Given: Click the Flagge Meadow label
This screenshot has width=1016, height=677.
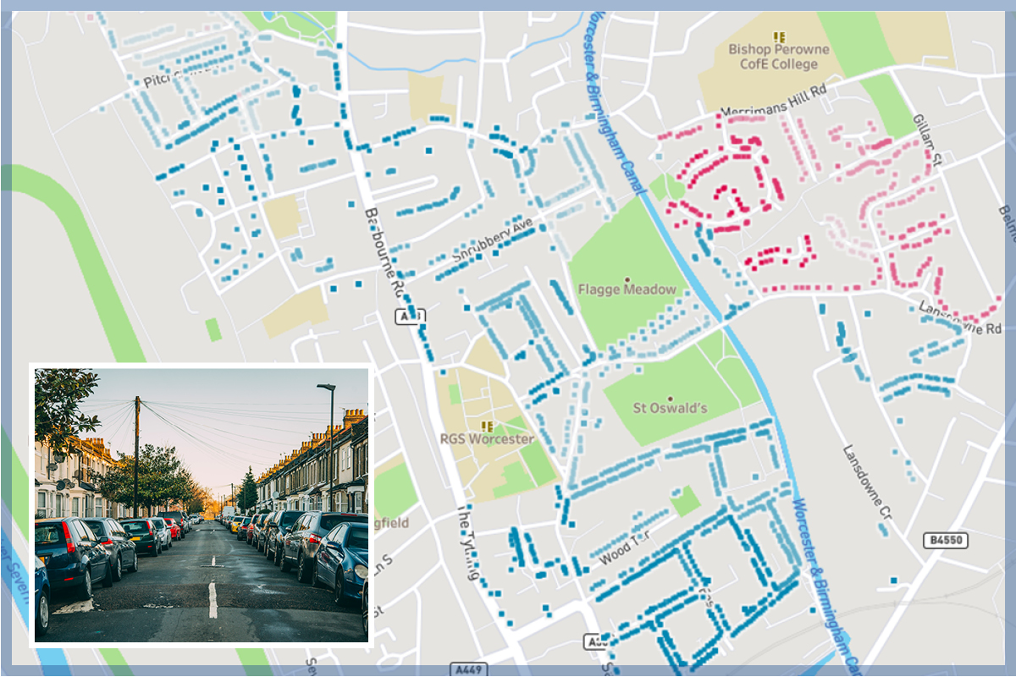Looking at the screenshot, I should click(627, 289).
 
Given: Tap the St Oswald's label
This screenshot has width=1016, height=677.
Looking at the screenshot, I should click(670, 409).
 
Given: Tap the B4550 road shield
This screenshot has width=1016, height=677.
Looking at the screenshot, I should click(945, 539).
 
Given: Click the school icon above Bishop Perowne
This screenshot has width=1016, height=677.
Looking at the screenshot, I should click(780, 36).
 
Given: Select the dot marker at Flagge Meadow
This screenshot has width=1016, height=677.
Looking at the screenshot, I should click(627, 278).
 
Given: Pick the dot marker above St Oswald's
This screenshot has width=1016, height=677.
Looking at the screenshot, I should click(670, 398).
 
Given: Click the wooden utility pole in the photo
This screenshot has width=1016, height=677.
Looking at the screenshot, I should click(136, 457).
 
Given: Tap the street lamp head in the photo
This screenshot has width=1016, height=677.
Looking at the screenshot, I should click(325, 387).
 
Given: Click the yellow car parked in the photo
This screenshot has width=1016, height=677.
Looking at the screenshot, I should click(235, 524).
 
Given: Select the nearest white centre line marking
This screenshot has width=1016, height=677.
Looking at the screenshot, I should click(213, 599).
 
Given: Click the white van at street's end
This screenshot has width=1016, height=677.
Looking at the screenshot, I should click(227, 513).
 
